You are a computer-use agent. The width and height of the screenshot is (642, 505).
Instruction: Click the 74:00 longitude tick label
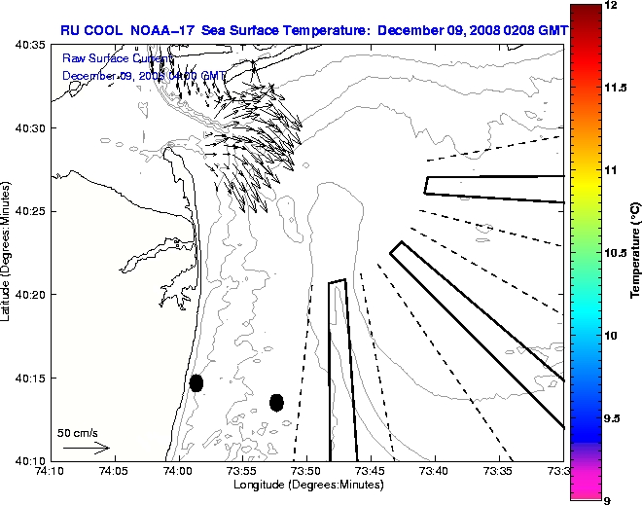[177, 471]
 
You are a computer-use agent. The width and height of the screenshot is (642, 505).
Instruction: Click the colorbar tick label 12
[612, 6]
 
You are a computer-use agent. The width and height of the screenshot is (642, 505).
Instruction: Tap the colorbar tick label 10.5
[617, 252]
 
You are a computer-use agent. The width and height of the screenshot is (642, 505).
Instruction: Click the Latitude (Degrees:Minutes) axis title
[8, 252]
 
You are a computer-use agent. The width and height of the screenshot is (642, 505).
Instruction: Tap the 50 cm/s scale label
[77, 432]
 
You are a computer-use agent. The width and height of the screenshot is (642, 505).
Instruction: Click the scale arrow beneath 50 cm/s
[87, 449]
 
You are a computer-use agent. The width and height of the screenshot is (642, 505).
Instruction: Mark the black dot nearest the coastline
[196, 382]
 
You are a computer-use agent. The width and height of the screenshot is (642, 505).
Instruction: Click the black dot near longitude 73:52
[276, 402]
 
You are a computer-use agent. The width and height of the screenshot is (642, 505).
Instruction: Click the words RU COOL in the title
[92, 30]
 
